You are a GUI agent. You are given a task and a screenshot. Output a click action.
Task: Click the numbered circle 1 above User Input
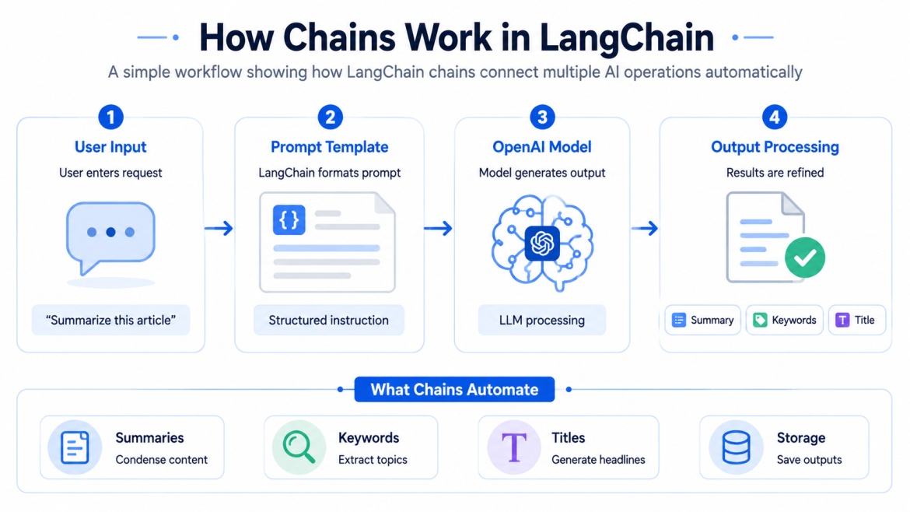111,117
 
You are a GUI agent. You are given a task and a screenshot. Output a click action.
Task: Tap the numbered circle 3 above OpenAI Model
542,117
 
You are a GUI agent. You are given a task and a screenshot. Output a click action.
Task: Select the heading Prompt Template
329,147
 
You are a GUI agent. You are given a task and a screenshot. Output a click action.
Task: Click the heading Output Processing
775,147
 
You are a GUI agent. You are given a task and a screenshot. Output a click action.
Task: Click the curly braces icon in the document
289,220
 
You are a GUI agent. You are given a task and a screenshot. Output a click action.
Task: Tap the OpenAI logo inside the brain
542,244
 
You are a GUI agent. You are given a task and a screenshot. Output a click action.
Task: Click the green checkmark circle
805,257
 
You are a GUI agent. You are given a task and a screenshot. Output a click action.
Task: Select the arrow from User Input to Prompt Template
219,228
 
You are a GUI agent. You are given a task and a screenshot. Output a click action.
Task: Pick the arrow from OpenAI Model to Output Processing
645,228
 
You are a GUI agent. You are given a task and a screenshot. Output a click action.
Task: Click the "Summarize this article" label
110,320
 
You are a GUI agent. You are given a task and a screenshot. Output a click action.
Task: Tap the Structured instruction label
328,320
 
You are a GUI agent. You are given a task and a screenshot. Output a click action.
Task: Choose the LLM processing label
542,320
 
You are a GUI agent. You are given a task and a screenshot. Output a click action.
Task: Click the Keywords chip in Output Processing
785,320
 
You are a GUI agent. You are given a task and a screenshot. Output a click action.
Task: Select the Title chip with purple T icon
856,320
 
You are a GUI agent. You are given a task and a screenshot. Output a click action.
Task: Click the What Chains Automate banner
454,390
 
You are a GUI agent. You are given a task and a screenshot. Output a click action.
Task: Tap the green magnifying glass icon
299,447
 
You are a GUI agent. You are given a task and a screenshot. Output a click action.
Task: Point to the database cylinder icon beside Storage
736,447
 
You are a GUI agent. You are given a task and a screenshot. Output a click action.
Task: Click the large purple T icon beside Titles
513,447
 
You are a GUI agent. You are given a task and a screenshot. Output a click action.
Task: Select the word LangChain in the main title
627,37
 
